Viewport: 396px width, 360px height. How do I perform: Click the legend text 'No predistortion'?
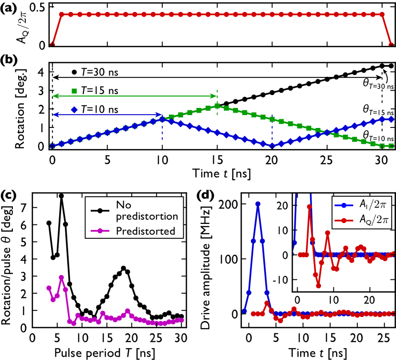(147, 211)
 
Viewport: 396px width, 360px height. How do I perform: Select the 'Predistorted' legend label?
(145, 232)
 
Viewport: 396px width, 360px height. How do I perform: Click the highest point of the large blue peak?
(258, 204)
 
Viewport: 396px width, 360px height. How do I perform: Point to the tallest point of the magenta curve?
(62, 277)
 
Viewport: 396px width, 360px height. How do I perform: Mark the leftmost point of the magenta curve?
(49, 288)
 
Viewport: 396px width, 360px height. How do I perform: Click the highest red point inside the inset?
(309, 207)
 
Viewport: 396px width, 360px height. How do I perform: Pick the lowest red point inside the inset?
(318, 286)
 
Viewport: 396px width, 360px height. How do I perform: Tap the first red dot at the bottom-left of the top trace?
(52, 45)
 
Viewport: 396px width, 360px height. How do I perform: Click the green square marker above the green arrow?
(74, 91)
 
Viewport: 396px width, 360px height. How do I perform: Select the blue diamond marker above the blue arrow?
(74, 110)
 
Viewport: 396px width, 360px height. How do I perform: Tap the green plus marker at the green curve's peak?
(218, 106)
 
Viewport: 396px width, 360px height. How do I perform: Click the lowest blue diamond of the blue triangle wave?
(272, 145)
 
